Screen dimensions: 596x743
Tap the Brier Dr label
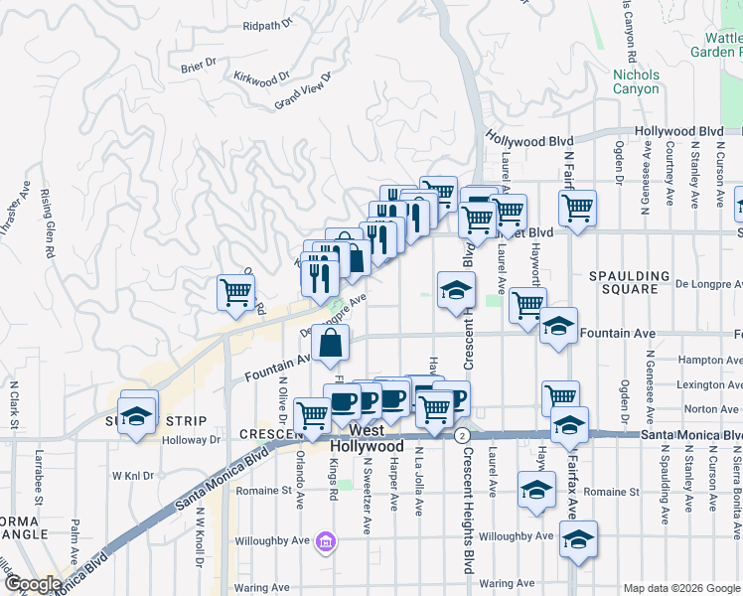click(x=199, y=66)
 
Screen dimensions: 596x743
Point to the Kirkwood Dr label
click(x=261, y=76)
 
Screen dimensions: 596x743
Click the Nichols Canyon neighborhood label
click(x=636, y=81)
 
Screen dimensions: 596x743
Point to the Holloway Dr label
click(x=194, y=438)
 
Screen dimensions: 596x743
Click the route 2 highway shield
click(x=462, y=436)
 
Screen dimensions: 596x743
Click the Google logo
click(x=33, y=584)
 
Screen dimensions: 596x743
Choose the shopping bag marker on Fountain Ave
click(x=331, y=345)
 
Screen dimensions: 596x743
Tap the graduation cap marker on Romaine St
click(x=536, y=490)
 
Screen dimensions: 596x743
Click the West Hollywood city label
click(x=367, y=438)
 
